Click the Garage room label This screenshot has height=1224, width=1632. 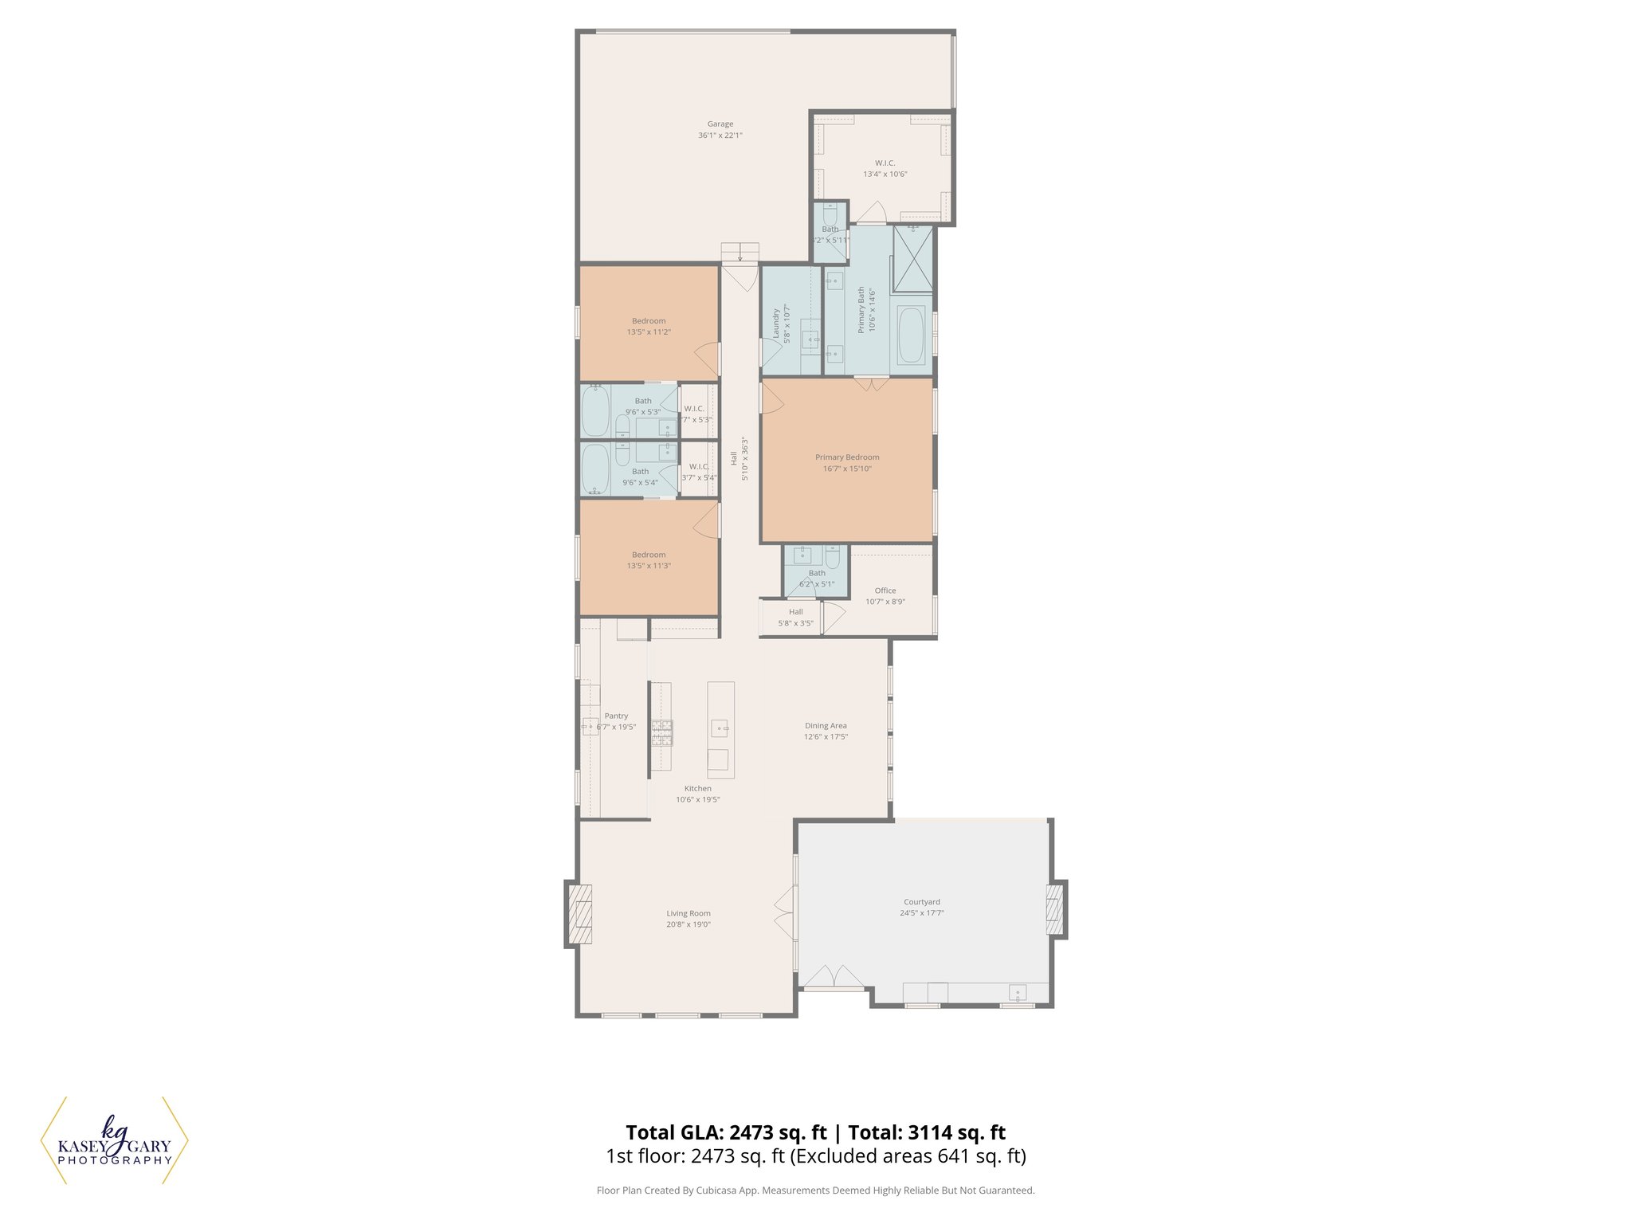click(x=720, y=124)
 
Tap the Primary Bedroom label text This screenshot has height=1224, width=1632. click(x=847, y=457)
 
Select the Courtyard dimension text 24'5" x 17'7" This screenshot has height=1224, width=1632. click(x=921, y=913)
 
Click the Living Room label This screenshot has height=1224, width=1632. click(x=688, y=913)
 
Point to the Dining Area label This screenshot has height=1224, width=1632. click(x=826, y=726)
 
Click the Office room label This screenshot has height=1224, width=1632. click(x=885, y=590)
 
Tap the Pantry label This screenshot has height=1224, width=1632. click(x=616, y=716)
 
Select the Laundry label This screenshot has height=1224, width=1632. click(x=776, y=324)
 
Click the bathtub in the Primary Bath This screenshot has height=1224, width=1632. click(x=911, y=335)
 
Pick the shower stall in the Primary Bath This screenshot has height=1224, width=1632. click(x=912, y=260)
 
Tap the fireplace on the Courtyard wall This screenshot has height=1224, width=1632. click(x=1054, y=908)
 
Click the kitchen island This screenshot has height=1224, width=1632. click(x=721, y=729)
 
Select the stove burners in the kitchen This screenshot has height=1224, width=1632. click(x=661, y=732)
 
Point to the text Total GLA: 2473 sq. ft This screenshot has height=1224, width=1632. click(x=726, y=1132)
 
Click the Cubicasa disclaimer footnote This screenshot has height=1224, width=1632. click(x=815, y=1191)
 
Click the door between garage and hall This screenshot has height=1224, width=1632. click(x=740, y=276)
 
